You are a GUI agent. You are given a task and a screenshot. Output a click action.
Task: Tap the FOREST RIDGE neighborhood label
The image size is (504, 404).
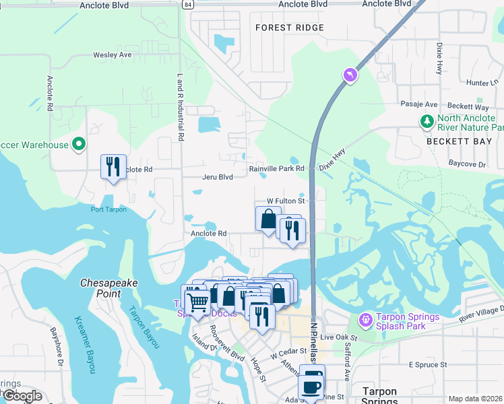[x=290, y=28]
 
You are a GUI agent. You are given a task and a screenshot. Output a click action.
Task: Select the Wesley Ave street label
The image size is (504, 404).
[x=112, y=55]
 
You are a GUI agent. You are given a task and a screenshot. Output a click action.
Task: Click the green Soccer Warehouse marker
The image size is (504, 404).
[x=79, y=144]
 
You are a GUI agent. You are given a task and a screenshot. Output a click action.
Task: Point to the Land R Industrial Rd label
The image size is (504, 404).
[x=181, y=106]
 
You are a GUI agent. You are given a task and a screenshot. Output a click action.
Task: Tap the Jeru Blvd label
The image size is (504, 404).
[x=217, y=177]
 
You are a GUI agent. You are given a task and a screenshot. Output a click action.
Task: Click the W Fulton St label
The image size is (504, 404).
[x=286, y=201]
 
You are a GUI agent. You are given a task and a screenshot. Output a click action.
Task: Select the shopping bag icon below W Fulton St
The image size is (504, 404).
[x=268, y=219]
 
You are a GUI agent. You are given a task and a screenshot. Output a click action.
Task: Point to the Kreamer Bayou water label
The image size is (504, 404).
[x=85, y=343]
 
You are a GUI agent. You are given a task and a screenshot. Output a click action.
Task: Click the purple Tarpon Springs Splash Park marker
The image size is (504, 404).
[x=366, y=318]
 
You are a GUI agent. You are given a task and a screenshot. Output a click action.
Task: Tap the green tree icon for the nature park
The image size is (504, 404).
[x=427, y=121]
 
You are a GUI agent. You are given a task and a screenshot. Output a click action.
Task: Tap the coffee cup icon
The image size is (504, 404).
[x=311, y=385]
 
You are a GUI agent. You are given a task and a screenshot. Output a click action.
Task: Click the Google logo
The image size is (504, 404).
[x=22, y=396]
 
